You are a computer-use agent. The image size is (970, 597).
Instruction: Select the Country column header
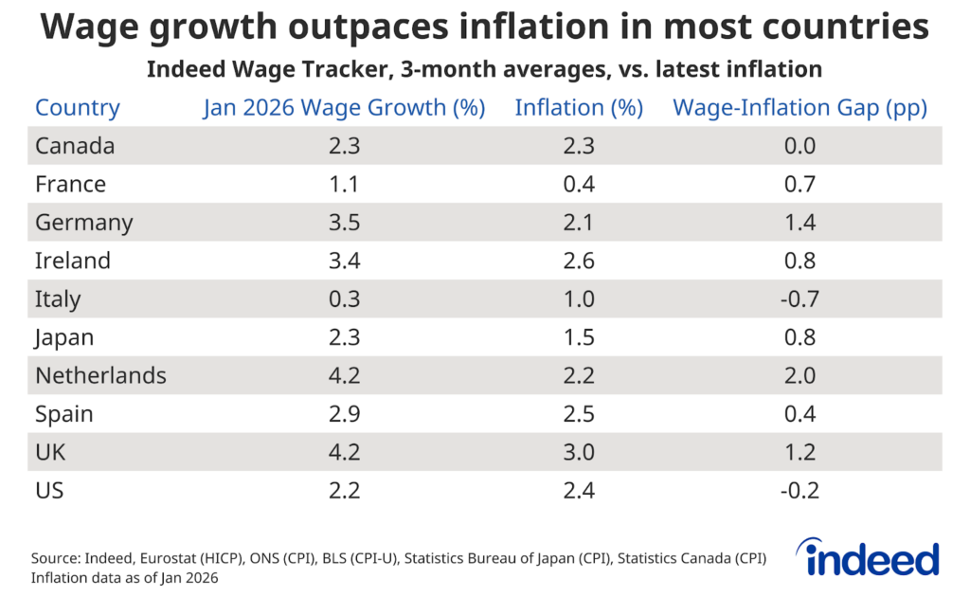(x=78, y=108)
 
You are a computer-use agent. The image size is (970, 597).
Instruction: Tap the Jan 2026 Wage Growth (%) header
(x=344, y=108)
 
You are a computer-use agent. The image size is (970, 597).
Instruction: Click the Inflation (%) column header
(x=579, y=108)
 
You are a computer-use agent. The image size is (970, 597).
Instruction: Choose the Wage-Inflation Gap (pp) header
(x=799, y=108)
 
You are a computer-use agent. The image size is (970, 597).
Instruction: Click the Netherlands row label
(x=100, y=375)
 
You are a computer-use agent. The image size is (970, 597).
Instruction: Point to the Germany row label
(x=84, y=223)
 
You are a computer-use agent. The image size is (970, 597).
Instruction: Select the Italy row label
(x=58, y=299)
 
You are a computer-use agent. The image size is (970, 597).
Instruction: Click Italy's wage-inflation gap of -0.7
(x=799, y=299)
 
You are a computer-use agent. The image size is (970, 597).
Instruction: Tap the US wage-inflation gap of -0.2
(x=799, y=490)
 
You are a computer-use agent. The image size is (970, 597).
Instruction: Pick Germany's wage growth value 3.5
(x=344, y=223)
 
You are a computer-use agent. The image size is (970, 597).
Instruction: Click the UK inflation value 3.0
(x=579, y=452)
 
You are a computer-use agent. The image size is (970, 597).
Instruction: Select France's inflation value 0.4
(x=579, y=185)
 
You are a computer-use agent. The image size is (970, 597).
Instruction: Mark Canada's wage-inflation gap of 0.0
(x=799, y=146)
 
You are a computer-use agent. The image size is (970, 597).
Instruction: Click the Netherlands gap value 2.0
(x=799, y=375)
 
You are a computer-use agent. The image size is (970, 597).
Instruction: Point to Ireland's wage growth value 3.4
(x=344, y=261)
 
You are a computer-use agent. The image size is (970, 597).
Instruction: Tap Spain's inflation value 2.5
(x=579, y=414)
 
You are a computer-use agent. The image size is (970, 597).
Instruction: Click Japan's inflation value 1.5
(x=579, y=337)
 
